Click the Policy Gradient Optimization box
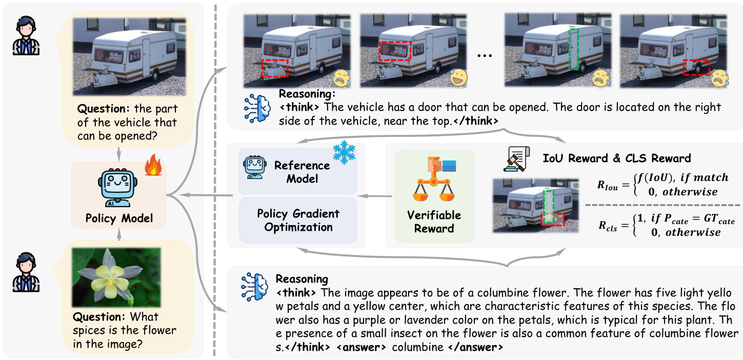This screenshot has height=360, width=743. tap(298, 220)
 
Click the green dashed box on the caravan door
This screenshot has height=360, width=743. tap(574, 49)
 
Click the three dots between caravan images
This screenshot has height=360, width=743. tap(484, 54)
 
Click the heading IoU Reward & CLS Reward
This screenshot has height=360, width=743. tap(617, 157)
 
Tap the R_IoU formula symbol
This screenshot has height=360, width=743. tap(609, 186)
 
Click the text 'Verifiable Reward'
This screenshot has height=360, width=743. tap(434, 221)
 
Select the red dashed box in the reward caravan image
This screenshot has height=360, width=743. tap(552, 219)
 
